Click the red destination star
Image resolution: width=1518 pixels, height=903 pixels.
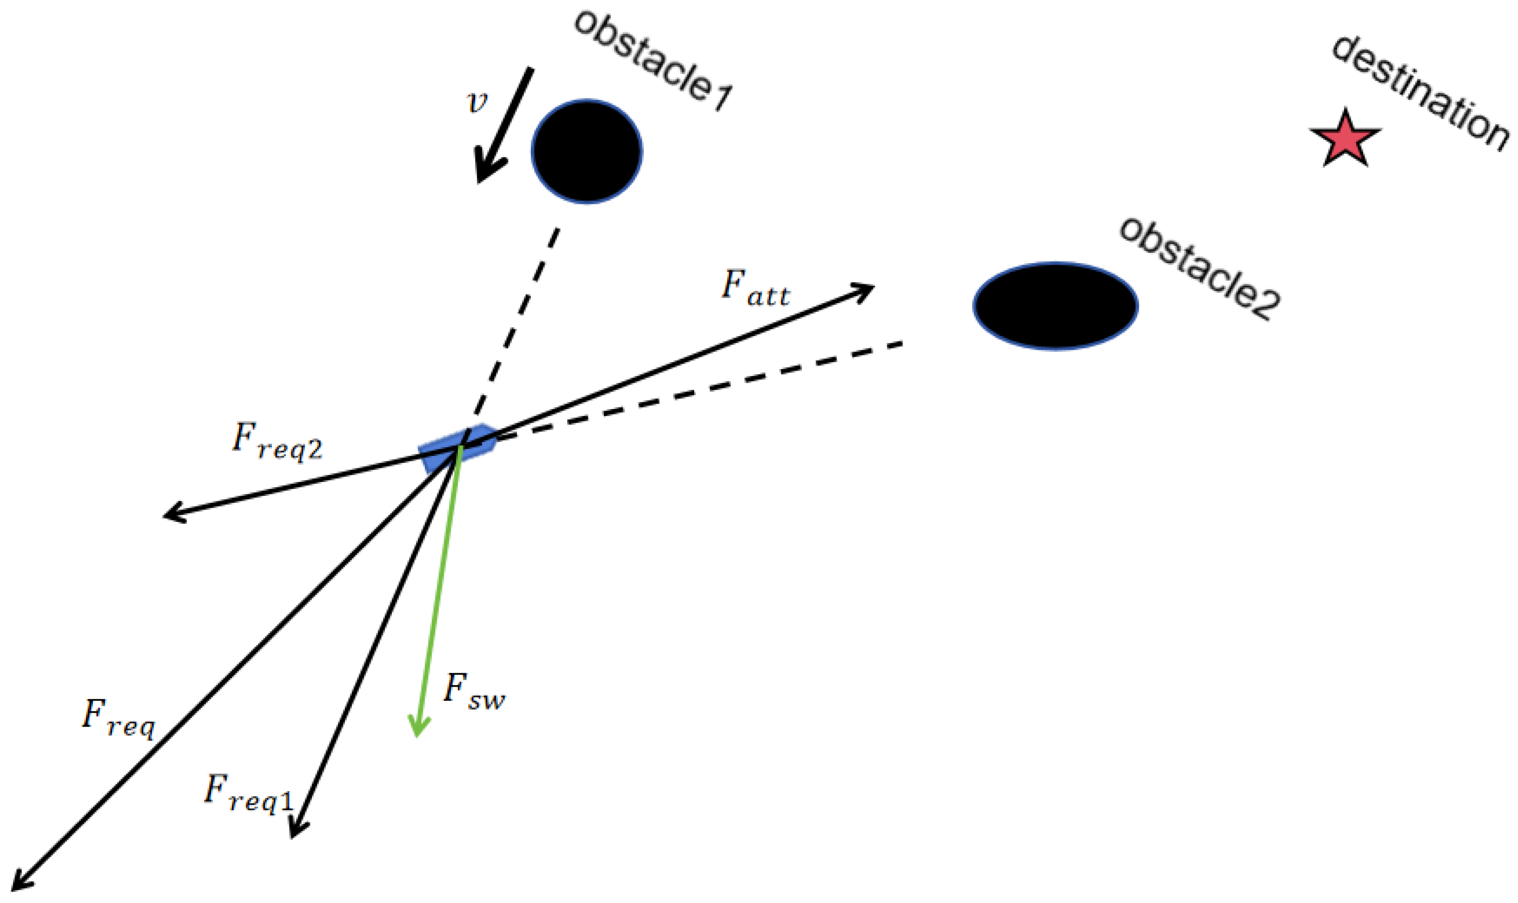pyautogui.click(x=1345, y=140)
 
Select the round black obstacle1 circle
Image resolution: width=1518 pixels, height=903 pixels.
pyautogui.click(x=586, y=151)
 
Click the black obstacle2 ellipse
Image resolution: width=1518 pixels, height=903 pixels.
pyautogui.click(x=1055, y=306)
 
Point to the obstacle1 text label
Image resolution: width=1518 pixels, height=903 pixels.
pyautogui.click(x=653, y=61)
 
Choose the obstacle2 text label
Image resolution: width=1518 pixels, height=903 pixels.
pyautogui.click(x=1200, y=268)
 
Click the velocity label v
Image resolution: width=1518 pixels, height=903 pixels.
pyautogui.click(x=477, y=102)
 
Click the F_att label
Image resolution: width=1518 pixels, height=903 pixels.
pyautogui.click(x=755, y=287)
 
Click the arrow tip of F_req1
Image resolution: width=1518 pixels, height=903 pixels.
pyautogui.click(x=293, y=834)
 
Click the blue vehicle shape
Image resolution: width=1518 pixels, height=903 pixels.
pyautogui.click(x=457, y=447)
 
